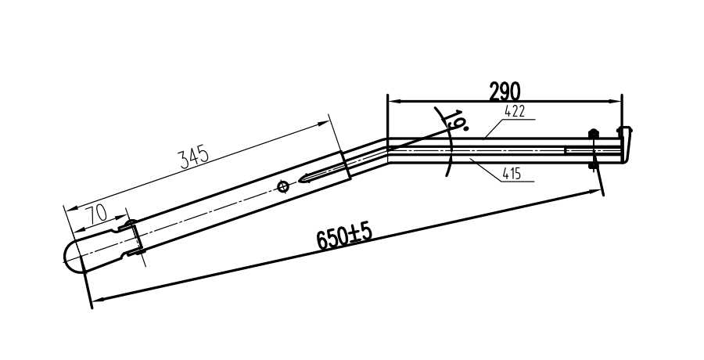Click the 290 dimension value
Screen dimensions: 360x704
(505, 91)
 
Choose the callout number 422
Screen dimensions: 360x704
(514, 112)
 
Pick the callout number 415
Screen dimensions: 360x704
(512, 174)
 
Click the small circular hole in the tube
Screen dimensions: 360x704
(283, 185)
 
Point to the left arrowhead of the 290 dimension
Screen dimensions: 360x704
(393, 101)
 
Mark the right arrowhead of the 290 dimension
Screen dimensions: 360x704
(616, 101)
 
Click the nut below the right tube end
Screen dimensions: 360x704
(592, 164)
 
